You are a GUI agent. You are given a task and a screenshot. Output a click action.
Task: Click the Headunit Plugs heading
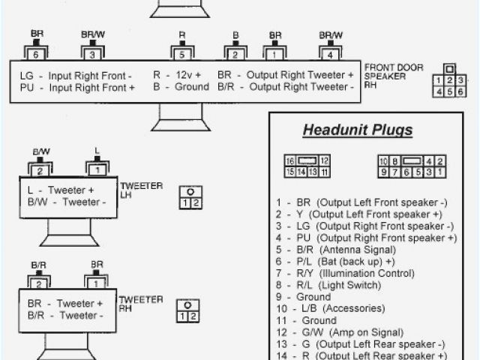357,131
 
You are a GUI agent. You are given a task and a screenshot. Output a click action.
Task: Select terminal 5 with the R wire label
181,53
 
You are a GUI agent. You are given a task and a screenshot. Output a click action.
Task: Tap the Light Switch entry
324,284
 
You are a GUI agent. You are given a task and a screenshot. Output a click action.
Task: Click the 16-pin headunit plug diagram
307,166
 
